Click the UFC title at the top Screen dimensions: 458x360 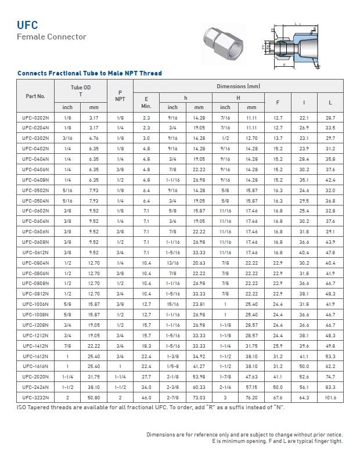(x=27, y=25)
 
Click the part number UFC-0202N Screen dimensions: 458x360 (x=35, y=117)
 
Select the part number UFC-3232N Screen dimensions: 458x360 (x=35, y=398)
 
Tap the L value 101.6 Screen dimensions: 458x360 (x=330, y=398)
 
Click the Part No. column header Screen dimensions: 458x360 (x=35, y=96)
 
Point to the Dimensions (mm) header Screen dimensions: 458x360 (x=238, y=86)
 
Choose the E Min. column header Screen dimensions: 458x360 (x=146, y=102)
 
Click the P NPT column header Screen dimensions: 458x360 (x=120, y=96)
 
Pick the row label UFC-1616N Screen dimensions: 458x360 (x=35, y=366)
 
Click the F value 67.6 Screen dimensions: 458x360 (x=278, y=398)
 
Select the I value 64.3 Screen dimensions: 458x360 (x=304, y=398)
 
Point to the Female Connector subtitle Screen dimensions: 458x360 (x=51, y=37)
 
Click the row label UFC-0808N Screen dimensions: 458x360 (x=35, y=283)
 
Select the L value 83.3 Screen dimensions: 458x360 (x=330, y=387)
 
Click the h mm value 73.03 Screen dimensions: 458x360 (x=199, y=398)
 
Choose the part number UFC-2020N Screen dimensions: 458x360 (x=35, y=377)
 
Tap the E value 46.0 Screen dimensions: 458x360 (x=146, y=398)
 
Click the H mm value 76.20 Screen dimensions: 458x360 (x=251, y=398)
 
